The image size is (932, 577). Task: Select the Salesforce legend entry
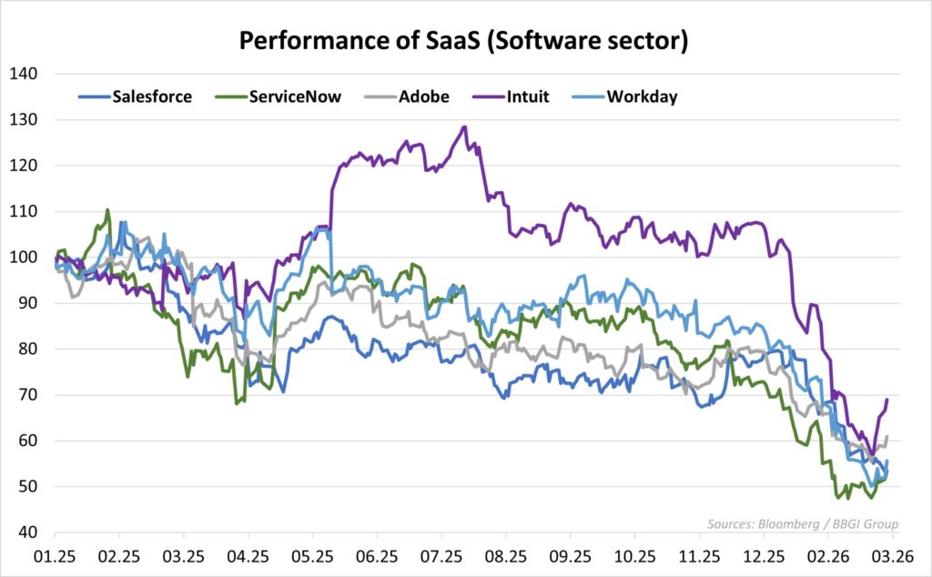pos(151,96)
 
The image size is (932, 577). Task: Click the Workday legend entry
pos(642,96)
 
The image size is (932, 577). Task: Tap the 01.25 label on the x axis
pos(54,556)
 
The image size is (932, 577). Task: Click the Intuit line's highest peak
pos(464,127)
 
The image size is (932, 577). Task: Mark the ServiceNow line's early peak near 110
pos(108,210)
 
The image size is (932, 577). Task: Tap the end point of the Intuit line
pos(887,399)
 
